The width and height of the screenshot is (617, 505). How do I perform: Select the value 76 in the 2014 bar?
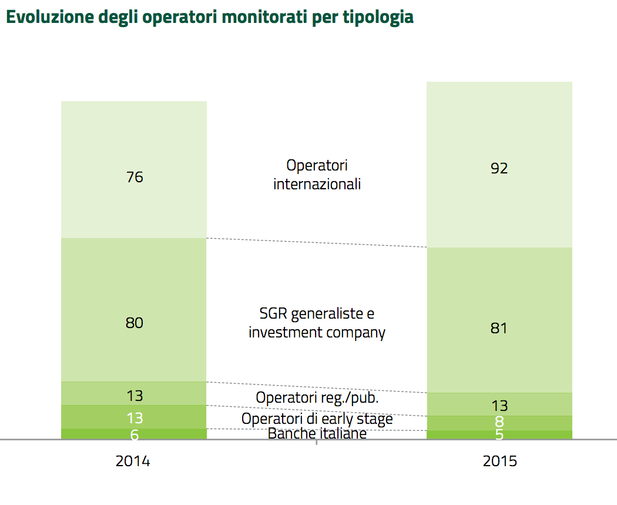click(135, 177)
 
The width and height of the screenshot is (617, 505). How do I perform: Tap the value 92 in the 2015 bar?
click(499, 169)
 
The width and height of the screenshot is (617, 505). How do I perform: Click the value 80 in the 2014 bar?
click(135, 323)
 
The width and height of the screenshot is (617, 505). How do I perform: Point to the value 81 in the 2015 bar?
click(499, 328)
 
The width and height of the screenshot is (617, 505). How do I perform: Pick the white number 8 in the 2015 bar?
click(499, 422)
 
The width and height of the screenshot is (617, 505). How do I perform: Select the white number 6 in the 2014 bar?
click(135, 434)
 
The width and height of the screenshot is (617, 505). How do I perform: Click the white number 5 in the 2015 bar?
click(499, 435)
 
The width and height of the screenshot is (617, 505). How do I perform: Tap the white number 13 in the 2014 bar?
click(135, 418)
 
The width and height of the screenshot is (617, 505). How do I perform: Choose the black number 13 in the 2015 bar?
click(499, 406)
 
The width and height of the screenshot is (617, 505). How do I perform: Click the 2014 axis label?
click(133, 461)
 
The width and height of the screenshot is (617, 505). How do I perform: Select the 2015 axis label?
click(500, 461)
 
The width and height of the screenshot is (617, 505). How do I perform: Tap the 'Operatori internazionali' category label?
click(317, 175)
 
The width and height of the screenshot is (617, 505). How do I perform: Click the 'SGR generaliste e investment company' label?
click(317, 322)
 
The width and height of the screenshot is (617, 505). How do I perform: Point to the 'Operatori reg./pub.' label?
click(317, 398)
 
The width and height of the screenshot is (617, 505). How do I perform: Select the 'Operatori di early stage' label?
click(317, 419)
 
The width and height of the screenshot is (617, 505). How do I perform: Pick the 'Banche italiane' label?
click(317, 434)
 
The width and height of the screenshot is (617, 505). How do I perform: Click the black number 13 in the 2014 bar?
click(135, 396)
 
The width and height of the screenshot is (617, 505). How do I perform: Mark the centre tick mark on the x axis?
click(317, 442)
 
